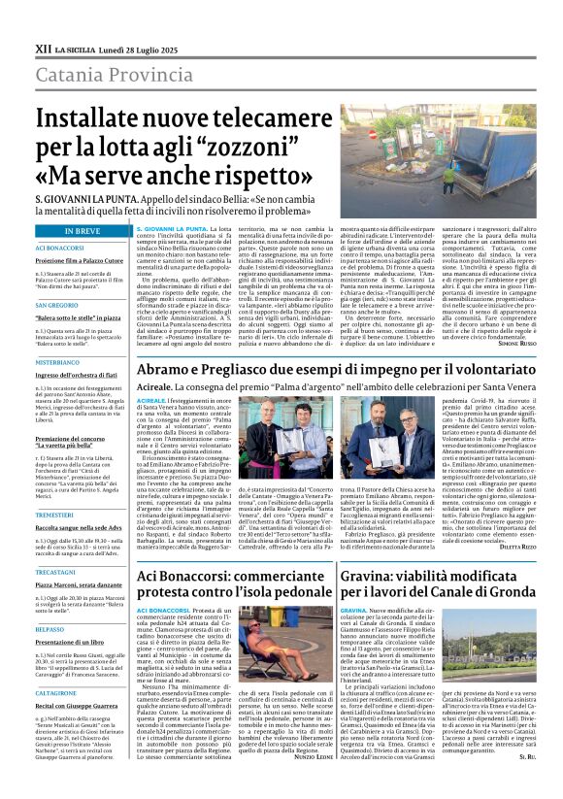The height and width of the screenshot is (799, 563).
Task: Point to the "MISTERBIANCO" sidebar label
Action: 57,361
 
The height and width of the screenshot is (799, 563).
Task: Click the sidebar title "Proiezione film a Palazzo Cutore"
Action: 80,261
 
